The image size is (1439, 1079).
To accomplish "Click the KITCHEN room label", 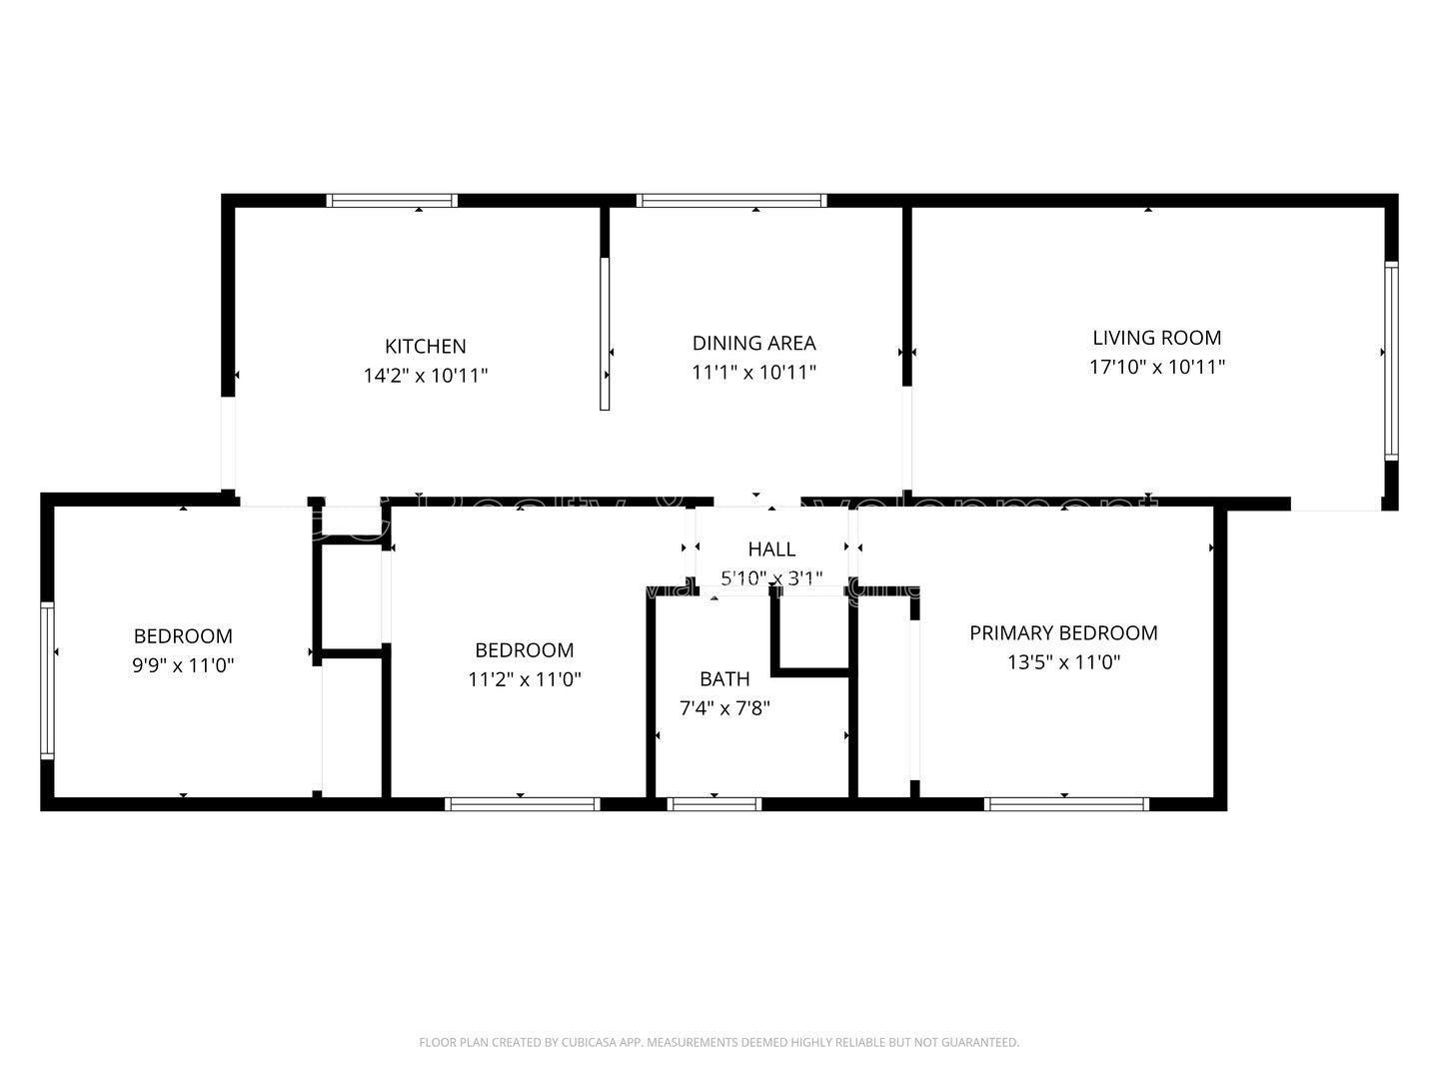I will pyautogui.click(x=425, y=347).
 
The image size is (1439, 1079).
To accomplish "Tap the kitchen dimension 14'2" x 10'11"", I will pyautogui.click(x=425, y=377).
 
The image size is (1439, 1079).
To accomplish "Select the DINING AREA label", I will pyautogui.click(x=753, y=344).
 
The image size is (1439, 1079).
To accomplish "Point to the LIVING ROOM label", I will pyautogui.click(x=1156, y=338).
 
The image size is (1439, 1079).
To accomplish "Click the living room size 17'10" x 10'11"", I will pyautogui.click(x=1156, y=367).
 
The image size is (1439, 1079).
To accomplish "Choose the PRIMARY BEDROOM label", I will pyautogui.click(x=1063, y=632).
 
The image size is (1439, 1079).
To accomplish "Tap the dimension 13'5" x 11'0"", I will pyautogui.click(x=1063, y=661).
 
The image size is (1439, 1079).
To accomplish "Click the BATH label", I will pyautogui.click(x=724, y=679).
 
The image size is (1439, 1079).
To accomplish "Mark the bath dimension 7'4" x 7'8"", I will pyautogui.click(x=724, y=708).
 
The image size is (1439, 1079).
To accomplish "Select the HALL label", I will pyautogui.click(x=771, y=549).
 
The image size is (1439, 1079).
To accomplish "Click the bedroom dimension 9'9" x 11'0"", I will pyautogui.click(x=183, y=665).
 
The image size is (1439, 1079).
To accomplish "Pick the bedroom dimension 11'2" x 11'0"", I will pyautogui.click(x=524, y=679).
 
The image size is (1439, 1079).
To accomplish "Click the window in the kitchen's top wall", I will pyautogui.click(x=392, y=201).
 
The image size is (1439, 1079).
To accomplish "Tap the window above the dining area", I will pyautogui.click(x=731, y=201).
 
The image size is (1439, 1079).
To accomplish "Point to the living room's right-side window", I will pyautogui.click(x=1390, y=360).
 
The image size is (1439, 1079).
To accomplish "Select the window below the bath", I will pyautogui.click(x=714, y=804).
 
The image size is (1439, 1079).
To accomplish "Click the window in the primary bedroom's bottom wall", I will pyautogui.click(x=1066, y=804).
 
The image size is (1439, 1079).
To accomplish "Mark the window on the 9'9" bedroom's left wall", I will pyautogui.click(x=46, y=679).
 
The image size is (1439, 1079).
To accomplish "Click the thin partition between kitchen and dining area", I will pyautogui.click(x=605, y=334).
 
